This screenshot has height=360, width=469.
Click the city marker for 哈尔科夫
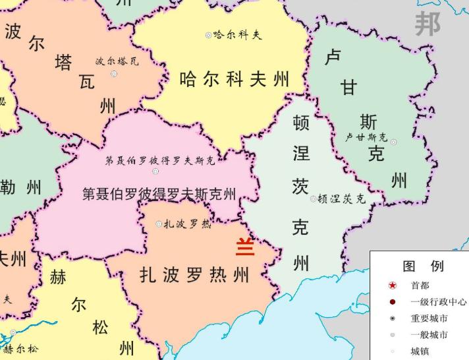tap(209, 35)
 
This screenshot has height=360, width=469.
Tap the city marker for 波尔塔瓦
tap(114, 74)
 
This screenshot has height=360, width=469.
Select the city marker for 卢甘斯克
tap(394, 142)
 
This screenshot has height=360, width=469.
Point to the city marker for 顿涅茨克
tap(314, 198)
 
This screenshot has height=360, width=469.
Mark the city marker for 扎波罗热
tap(159, 224)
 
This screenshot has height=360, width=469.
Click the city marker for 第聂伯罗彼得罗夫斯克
tap(155, 171)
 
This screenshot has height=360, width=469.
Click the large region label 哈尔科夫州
tap(234, 80)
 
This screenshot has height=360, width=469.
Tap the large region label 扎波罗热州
tap(195, 274)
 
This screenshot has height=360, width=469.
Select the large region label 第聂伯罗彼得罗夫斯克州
tap(159, 194)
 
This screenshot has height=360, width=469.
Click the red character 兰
tap(245, 247)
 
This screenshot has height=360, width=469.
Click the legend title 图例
tap(423, 266)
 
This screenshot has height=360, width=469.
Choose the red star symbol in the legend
tap(393, 285)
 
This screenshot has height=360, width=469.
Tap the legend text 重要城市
tap(429, 318)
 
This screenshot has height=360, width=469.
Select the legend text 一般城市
tap(429, 335)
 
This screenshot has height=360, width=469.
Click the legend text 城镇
tap(420, 351)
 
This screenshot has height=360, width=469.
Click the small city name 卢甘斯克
tap(367, 138)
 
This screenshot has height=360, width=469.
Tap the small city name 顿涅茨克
tap(341, 198)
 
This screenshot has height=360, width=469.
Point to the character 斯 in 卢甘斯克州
tap(368, 123)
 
